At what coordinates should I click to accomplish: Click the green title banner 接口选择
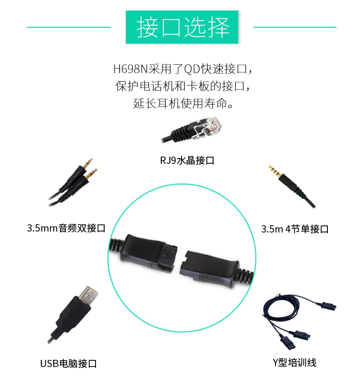pos(182,27)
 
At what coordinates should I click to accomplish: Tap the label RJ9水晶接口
pos(187,160)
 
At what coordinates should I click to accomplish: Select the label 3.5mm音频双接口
pos(66,228)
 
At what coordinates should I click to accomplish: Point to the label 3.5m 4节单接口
pos(294,229)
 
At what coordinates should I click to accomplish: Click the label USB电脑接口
pos(69,364)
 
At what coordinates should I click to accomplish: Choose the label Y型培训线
pos(294,363)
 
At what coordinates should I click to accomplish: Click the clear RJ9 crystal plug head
pos(208,127)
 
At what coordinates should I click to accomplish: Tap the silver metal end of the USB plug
pos(88,295)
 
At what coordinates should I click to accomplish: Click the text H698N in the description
pos(130,69)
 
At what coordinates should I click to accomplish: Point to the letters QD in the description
pos(192,69)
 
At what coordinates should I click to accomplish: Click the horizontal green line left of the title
pos(69,27)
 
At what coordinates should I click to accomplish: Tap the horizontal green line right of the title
pos(295,27)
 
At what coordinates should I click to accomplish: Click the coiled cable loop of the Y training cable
pos(281,307)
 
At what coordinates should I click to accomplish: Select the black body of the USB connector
pos(72,313)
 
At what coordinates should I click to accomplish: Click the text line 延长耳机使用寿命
pos(183,103)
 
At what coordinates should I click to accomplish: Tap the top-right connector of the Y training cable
pos(329,306)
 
